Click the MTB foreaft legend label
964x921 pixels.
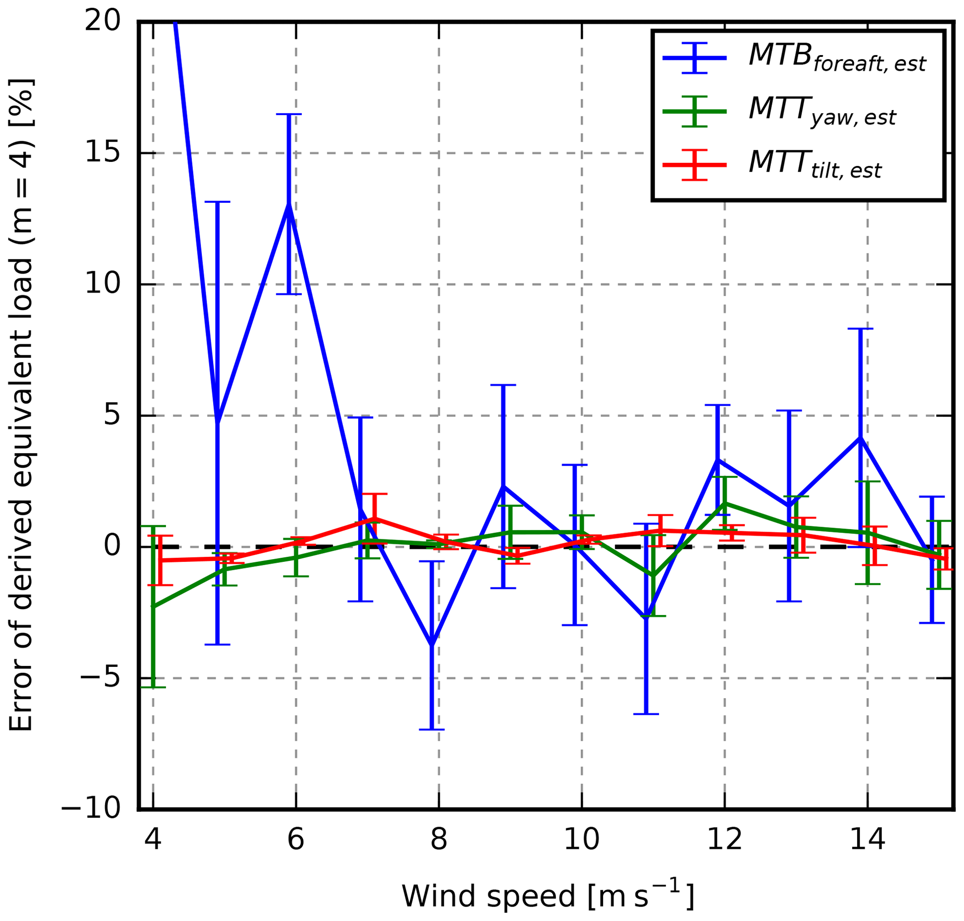coord(836,58)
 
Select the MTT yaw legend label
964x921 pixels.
coord(822,111)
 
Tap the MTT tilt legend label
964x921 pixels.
coord(815,165)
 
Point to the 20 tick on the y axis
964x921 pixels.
coord(102,21)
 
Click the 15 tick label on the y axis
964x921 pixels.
coord(102,152)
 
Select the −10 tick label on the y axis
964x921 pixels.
coord(91,809)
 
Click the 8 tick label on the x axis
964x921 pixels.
coord(438,840)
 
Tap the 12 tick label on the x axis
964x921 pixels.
coord(724,840)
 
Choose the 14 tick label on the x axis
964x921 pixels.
coord(867,840)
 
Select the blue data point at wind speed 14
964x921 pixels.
coord(860,437)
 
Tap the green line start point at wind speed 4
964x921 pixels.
coord(153,607)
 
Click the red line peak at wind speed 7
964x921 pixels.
coord(375,519)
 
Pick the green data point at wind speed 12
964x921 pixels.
coord(725,503)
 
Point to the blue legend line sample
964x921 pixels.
coord(694,58)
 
